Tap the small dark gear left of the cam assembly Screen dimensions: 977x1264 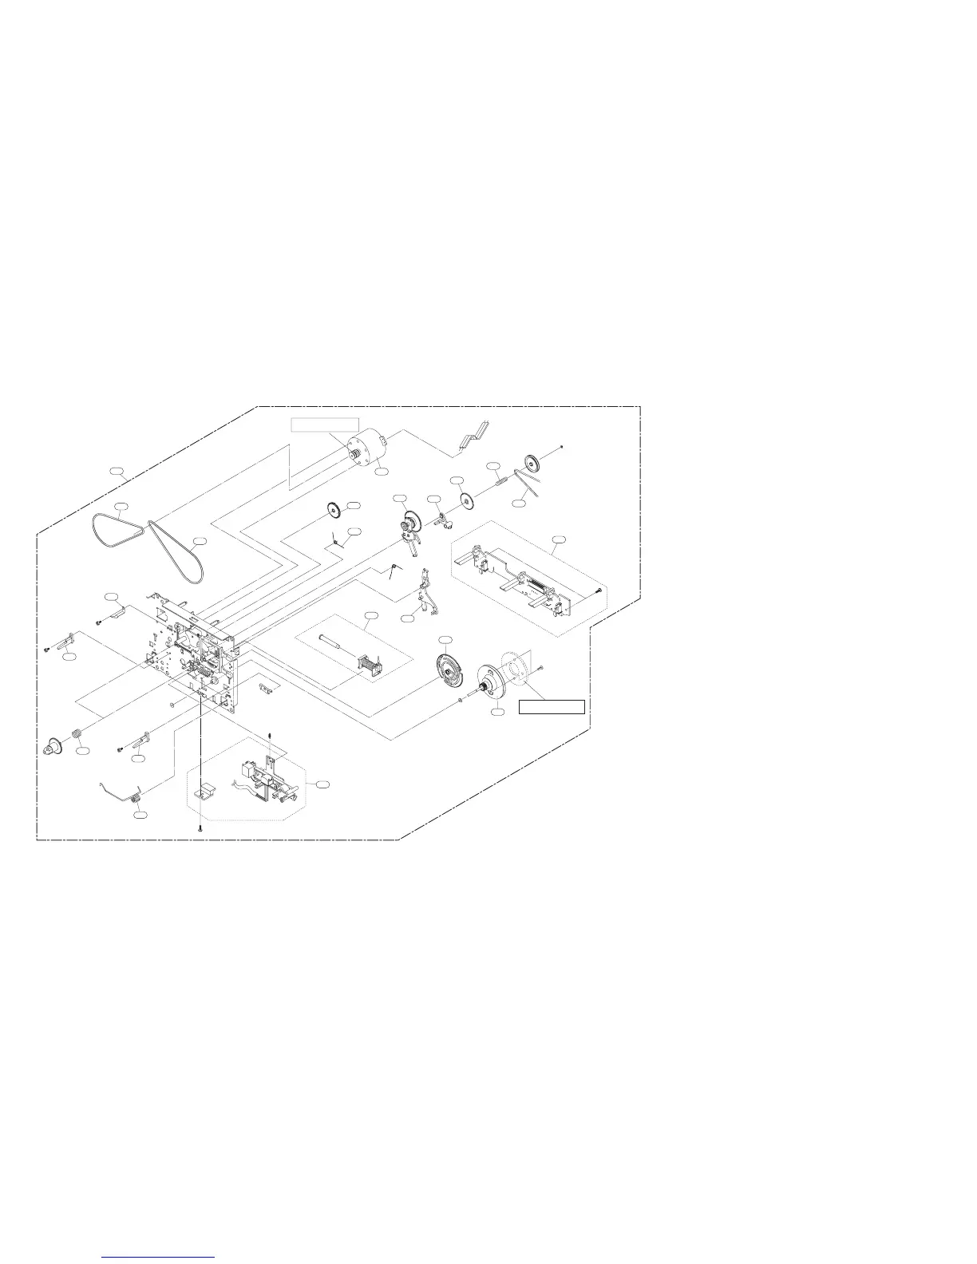click(x=333, y=510)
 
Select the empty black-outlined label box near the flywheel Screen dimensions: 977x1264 click(x=552, y=706)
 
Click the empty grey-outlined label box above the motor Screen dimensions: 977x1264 click(x=324, y=424)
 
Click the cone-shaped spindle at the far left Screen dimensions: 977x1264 click(x=53, y=747)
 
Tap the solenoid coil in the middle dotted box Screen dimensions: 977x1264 click(x=368, y=663)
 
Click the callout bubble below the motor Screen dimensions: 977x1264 click(x=382, y=472)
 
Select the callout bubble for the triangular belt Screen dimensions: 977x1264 click(x=121, y=507)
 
